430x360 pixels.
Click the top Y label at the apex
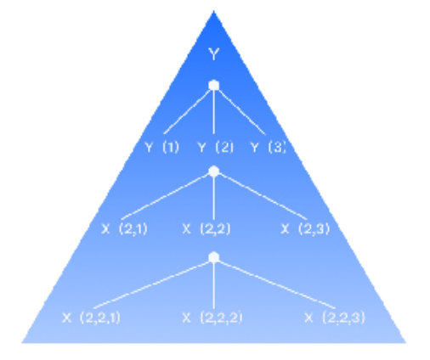(214, 53)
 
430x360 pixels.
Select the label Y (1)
(162, 148)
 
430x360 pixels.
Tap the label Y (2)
(215, 148)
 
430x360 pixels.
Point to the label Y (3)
(269, 148)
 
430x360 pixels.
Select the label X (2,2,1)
(91, 318)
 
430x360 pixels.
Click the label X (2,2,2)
(212, 318)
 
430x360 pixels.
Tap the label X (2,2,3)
(335, 318)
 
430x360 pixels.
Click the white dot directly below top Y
(214, 85)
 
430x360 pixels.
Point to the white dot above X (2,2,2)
(214, 257)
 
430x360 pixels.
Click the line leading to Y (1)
(187, 111)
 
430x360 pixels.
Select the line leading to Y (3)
(241, 112)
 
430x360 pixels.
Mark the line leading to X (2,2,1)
(152, 284)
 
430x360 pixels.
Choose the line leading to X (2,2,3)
(276, 284)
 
